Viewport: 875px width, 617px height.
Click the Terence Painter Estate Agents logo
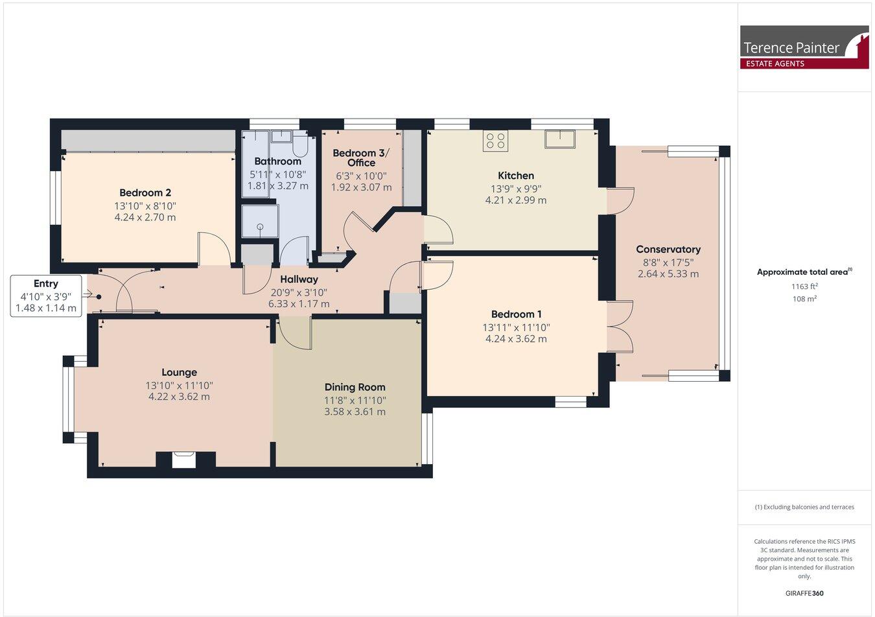[x=804, y=47]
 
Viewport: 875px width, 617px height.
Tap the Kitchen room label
[x=516, y=176]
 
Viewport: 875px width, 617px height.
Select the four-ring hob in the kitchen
[x=495, y=141]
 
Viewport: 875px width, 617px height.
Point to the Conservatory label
[x=668, y=250]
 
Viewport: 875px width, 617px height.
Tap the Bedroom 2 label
[x=145, y=193]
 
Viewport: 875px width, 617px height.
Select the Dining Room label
[x=355, y=387]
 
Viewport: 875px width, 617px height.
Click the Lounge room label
[x=179, y=373]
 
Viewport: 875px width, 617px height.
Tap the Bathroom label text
[x=277, y=161]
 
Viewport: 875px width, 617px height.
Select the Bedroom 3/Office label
[x=361, y=157]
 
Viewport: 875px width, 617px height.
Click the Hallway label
[x=299, y=279]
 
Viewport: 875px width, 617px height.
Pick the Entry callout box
[x=46, y=296]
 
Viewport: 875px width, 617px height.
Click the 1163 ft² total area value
[x=804, y=286]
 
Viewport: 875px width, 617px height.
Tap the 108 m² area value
[x=804, y=299]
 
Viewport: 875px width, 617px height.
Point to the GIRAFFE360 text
[x=804, y=592]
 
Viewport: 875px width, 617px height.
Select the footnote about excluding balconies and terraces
[x=804, y=507]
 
